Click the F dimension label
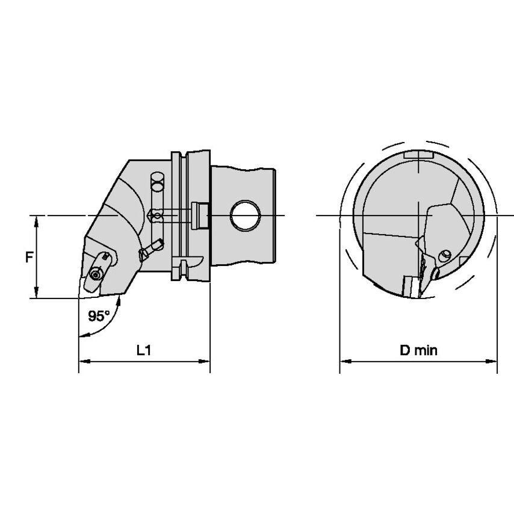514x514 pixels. click(29, 258)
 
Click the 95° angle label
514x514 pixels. click(99, 316)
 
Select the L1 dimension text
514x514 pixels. click(144, 350)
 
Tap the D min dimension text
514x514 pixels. click(419, 350)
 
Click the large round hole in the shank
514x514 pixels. click(245, 215)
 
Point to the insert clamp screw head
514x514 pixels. click(95, 274)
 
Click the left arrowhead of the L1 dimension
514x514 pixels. click(84, 361)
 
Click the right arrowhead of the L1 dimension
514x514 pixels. click(205, 361)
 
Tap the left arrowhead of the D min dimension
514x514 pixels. click(345, 361)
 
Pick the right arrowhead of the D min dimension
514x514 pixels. click(492, 361)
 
